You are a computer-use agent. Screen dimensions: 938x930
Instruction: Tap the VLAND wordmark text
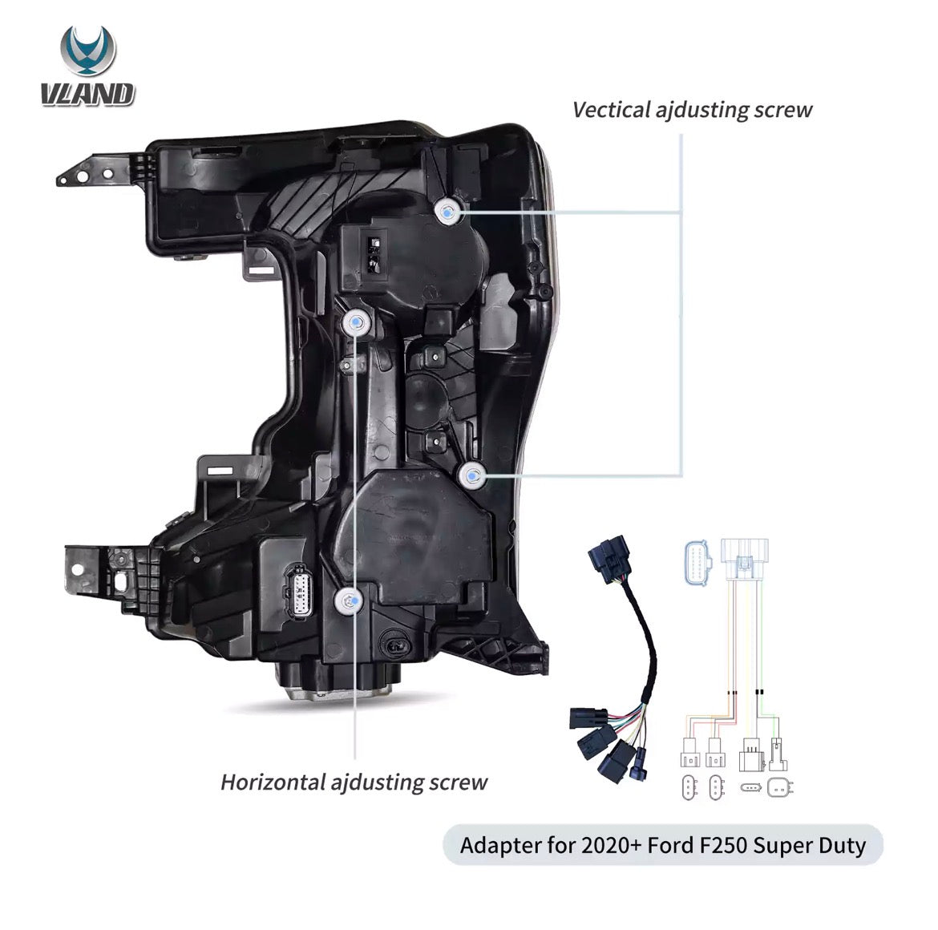click(x=88, y=95)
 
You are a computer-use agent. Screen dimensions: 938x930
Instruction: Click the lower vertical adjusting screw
click(x=472, y=476)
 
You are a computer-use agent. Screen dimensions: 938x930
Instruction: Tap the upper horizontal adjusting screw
click(x=355, y=322)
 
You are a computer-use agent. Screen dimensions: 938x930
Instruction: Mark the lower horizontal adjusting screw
click(x=348, y=600)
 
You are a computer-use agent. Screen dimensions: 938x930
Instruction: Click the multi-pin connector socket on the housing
click(x=298, y=590)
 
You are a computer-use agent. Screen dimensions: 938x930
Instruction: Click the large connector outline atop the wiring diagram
click(x=745, y=559)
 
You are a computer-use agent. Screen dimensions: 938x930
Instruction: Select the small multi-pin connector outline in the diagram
click(x=697, y=561)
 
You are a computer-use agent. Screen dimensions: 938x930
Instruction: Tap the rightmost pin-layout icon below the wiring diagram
click(x=779, y=787)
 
